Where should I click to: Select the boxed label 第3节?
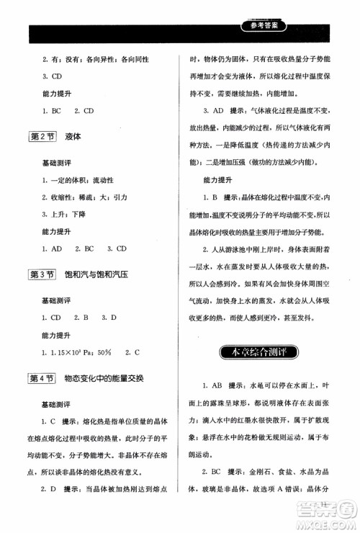coord(42,274)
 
